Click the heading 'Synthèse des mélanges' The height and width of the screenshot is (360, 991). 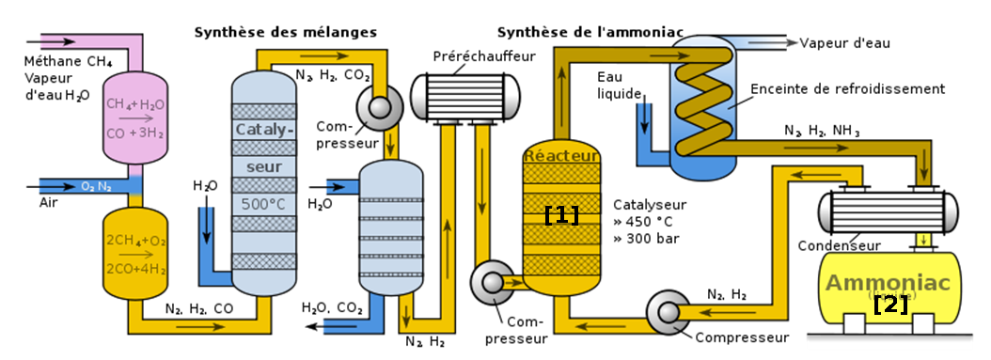coord(285,32)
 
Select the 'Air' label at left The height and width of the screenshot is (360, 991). coord(49,202)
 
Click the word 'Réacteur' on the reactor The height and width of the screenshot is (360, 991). coord(560,154)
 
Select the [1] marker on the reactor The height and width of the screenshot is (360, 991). coord(561,214)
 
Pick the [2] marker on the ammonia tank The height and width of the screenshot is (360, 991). coord(889,304)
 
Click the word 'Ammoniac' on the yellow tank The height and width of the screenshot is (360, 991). coord(888,283)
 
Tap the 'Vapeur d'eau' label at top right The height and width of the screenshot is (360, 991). coord(843,42)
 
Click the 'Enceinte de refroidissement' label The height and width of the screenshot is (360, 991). coord(847,89)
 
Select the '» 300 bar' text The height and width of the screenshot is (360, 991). coord(646,238)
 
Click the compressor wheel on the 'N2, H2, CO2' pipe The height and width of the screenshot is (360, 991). coord(383,107)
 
